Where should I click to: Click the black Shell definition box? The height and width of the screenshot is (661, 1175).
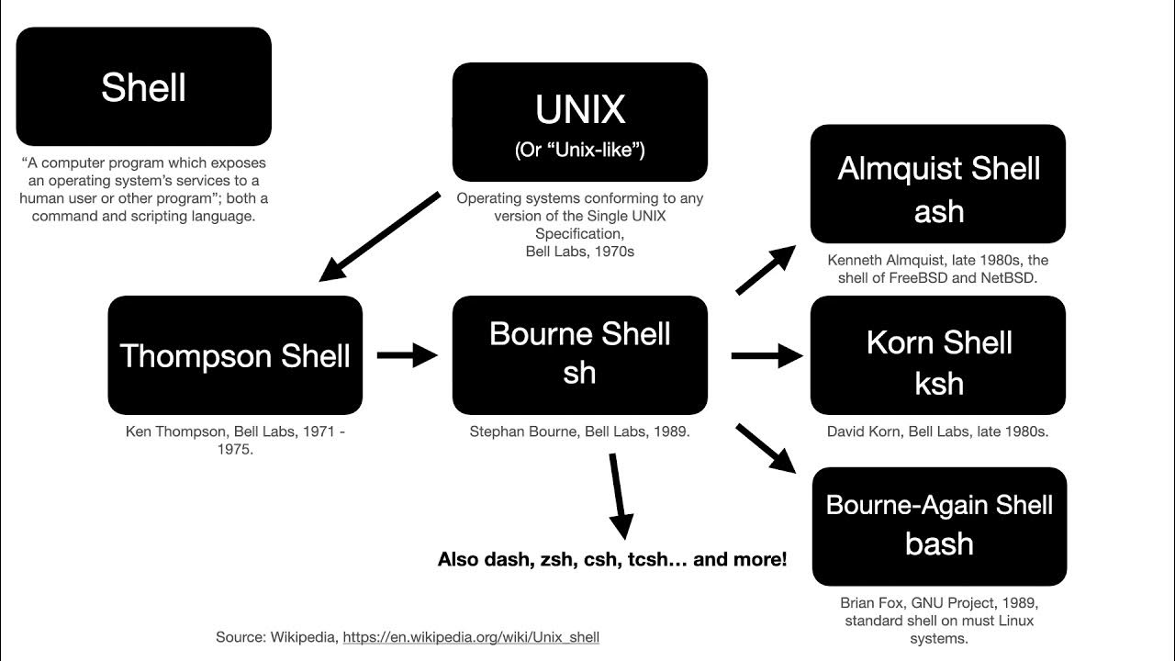[143, 86]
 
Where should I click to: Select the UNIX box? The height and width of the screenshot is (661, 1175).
[579, 121]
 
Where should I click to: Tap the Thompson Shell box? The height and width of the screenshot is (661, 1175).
[235, 355]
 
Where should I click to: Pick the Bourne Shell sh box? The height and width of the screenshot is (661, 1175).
[579, 353]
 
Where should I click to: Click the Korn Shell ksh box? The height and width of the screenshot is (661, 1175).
[938, 355]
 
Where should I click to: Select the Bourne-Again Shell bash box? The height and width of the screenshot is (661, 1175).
[938, 525]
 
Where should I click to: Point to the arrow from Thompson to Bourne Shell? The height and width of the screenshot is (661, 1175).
[407, 354]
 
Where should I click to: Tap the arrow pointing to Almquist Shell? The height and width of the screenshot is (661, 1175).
[766, 270]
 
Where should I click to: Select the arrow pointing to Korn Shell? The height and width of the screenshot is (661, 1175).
[767, 354]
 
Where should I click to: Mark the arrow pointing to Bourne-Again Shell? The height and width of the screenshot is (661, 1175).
[766, 447]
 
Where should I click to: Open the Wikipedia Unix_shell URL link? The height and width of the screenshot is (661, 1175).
[471, 636]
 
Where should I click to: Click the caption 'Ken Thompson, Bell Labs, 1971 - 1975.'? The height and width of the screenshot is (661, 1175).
[235, 440]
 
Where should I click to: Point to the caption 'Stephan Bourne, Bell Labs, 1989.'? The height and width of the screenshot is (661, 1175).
[579, 431]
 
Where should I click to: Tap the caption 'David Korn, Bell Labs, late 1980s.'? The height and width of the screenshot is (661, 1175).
[937, 431]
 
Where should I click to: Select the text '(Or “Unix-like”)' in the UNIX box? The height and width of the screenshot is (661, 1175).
[579, 151]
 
